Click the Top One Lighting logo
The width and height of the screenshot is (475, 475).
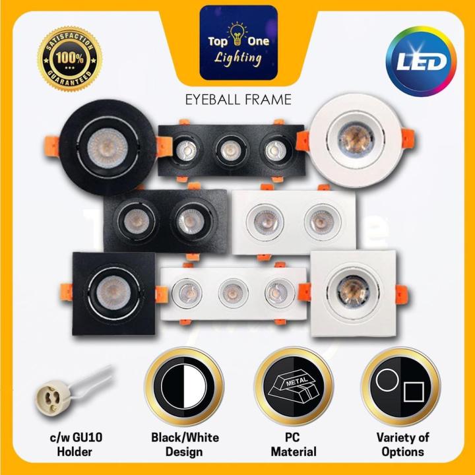click(238, 43)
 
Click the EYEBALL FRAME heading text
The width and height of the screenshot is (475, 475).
click(237, 100)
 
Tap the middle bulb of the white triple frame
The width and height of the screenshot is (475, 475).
click(232, 291)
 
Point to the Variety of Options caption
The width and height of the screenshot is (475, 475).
click(400, 445)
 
